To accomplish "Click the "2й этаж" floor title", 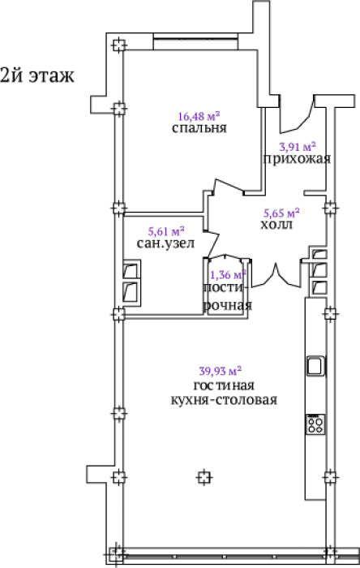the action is click(x=37, y=75).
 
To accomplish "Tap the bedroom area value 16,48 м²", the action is click(x=199, y=116).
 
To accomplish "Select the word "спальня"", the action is click(x=199, y=128).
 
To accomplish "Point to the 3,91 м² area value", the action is click(x=298, y=147).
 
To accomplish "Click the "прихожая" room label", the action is click(x=297, y=159).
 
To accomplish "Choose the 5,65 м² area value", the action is click(x=281, y=213).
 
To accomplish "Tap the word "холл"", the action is click(x=276, y=225).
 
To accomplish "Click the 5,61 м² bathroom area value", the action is click(x=166, y=231).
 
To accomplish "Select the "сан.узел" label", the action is click(x=165, y=243).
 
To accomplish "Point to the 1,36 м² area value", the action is click(x=228, y=274).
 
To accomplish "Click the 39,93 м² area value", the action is click(x=221, y=371).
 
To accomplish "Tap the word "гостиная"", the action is click(x=224, y=385).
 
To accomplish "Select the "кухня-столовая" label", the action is click(x=224, y=400).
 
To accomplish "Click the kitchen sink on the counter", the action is click(x=316, y=366).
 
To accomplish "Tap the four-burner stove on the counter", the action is click(x=315, y=424).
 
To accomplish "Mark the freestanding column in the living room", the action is click(x=204, y=477).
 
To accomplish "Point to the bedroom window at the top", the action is click(x=195, y=42).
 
